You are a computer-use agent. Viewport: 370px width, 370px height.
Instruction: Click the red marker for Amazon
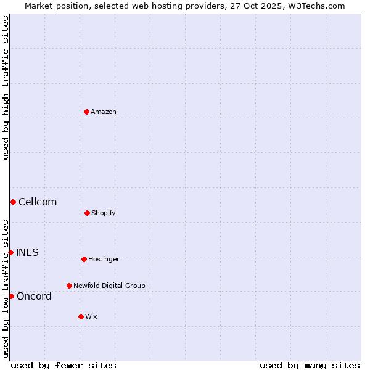(x=86, y=112)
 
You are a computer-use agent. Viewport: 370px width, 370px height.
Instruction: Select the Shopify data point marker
(x=87, y=213)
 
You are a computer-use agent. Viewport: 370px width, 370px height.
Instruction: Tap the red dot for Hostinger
(x=84, y=259)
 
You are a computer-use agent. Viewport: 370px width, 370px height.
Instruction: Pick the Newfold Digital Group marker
(x=69, y=286)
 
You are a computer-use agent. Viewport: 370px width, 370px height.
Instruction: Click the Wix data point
(x=81, y=316)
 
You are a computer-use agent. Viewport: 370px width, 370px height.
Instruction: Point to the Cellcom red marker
(x=13, y=202)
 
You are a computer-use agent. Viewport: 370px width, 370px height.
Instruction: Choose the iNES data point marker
(x=10, y=252)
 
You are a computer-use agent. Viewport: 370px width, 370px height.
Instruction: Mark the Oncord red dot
(x=11, y=296)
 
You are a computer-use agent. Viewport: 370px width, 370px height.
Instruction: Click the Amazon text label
(x=104, y=112)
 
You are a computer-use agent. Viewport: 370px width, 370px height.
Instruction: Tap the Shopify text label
(x=104, y=213)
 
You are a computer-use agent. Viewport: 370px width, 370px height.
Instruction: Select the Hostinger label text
(x=104, y=260)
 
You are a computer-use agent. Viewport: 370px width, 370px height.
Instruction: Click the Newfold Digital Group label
(x=109, y=286)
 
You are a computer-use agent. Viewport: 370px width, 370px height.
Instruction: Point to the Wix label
(x=91, y=317)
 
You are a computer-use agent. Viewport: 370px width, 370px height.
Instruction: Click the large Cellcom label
(x=38, y=202)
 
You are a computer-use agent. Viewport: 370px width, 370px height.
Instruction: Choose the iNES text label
(x=27, y=253)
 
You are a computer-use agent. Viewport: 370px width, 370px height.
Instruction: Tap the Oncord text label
(x=34, y=297)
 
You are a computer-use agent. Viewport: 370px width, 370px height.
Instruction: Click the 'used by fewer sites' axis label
(x=64, y=366)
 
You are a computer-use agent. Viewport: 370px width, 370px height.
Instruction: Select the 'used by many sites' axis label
(x=310, y=366)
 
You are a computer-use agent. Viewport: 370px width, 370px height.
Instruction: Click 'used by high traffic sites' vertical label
(x=6, y=88)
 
